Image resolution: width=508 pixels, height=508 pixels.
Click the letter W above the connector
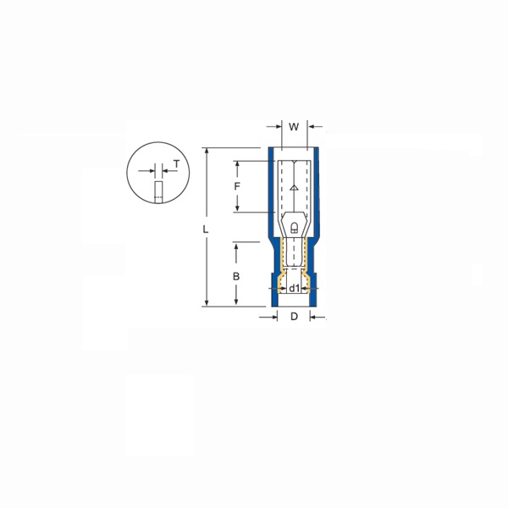[293, 128]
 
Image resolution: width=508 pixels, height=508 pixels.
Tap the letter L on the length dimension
[206, 229]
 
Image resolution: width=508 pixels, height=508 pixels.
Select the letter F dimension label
[238, 185]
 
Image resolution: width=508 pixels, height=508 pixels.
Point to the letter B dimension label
[237, 276]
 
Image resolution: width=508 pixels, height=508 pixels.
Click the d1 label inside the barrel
[293, 289]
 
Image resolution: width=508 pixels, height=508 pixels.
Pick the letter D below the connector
[293, 317]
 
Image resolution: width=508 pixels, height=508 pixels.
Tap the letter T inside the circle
[176, 165]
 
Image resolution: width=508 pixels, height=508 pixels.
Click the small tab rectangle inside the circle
[157, 191]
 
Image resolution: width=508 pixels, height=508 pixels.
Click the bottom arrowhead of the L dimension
[206, 301]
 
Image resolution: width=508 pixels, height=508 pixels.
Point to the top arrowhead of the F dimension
[238, 163]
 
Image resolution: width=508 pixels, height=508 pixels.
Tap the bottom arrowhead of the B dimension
[237, 301]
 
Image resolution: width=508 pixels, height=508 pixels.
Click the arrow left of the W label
[274, 128]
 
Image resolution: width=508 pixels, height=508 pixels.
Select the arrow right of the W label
[312, 128]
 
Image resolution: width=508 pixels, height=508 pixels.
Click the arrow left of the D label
[272, 317]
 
